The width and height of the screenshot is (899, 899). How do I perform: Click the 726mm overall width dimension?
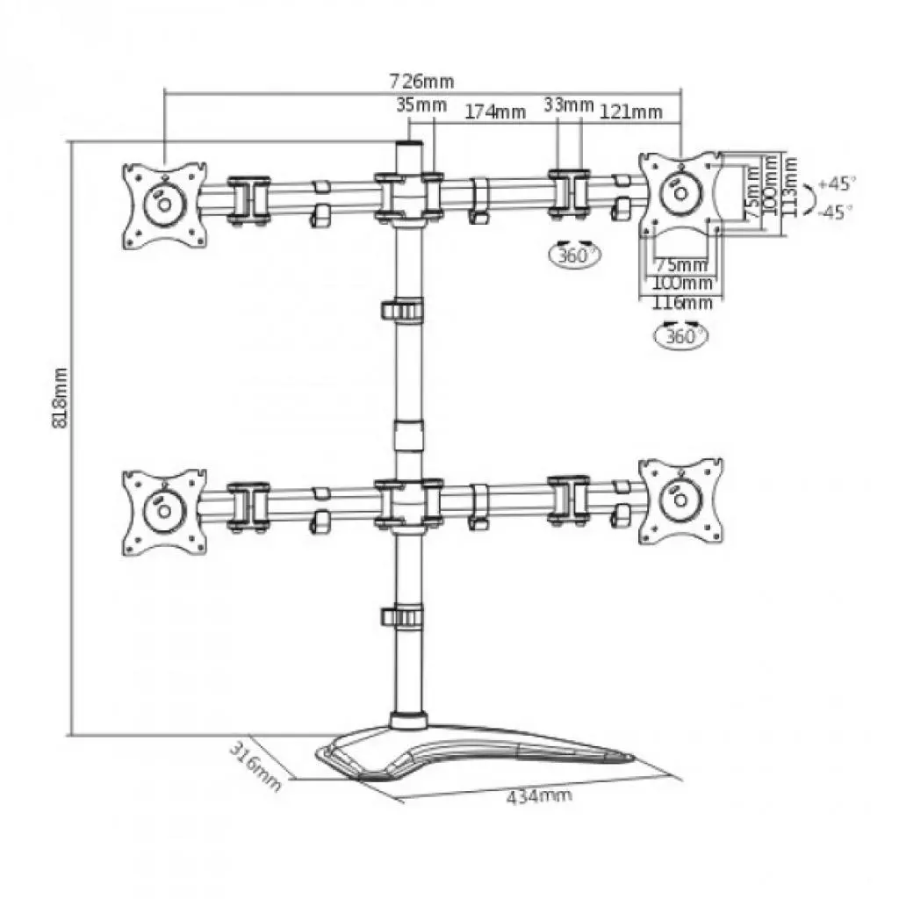coord(422,82)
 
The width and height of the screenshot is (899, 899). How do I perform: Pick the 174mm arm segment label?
coord(495,111)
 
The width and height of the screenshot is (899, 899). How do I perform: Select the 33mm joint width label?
coord(568,105)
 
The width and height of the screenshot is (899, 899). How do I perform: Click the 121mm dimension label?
coord(631,111)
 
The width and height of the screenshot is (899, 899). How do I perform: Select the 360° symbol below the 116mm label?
coord(681,334)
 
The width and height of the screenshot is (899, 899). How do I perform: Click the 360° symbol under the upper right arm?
coord(574,255)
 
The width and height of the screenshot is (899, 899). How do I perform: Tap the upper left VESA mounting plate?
coord(164,204)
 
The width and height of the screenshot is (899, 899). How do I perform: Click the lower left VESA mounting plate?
coord(164,512)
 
